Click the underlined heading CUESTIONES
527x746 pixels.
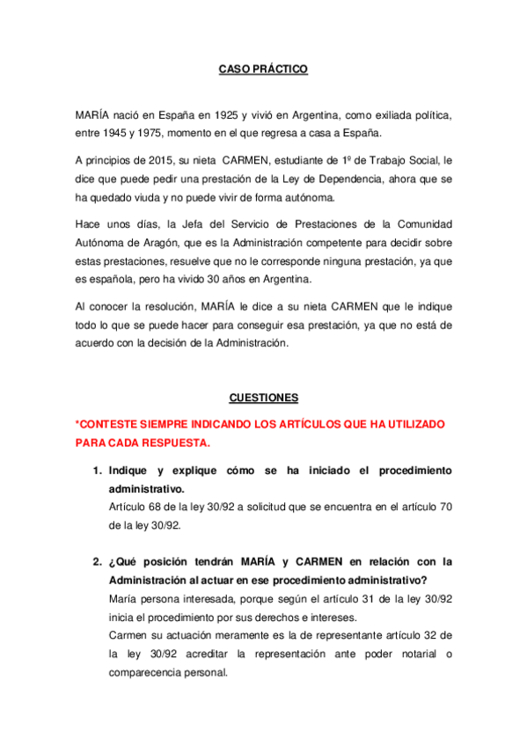coord(263,397)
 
